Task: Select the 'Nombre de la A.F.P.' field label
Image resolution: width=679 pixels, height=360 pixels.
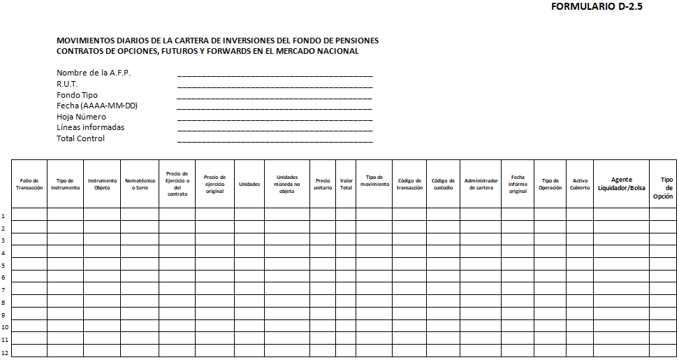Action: click(x=94, y=73)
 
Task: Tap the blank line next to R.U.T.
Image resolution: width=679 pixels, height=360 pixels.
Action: click(x=275, y=85)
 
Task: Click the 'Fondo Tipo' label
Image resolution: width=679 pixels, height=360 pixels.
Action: click(x=77, y=95)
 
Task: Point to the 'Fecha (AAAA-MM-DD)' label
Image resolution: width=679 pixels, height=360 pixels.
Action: click(x=97, y=106)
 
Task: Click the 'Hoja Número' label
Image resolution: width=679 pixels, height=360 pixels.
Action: click(x=81, y=117)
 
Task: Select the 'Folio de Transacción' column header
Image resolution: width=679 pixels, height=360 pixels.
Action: click(x=29, y=184)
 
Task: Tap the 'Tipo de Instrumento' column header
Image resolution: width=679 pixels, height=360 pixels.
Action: click(x=66, y=184)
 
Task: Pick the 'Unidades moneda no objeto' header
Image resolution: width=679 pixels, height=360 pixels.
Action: click(x=286, y=184)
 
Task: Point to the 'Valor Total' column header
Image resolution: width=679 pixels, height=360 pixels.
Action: click(x=346, y=184)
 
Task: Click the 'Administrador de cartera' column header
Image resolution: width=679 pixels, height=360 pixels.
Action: click(x=481, y=184)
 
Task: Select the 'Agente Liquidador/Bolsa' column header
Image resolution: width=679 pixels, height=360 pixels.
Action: click(x=621, y=184)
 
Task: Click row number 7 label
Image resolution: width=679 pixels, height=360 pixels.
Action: click(x=4, y=289)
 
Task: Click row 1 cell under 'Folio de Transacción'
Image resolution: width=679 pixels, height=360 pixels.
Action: click(x=29, y=215)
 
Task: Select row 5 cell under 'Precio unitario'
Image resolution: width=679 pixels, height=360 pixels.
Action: click(x=323, y=264)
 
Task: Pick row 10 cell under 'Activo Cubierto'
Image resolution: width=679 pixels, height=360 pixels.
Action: click(x=580, y=326)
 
